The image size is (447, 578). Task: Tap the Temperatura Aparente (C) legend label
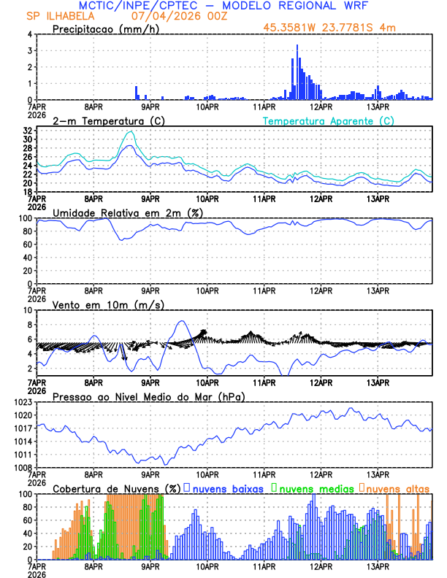(x=329, y=120)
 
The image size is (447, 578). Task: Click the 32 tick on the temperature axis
(x=27, y=130)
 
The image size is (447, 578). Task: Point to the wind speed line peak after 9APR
(x=182, y=321)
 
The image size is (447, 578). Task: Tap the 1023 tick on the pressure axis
(x=22, y=402)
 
